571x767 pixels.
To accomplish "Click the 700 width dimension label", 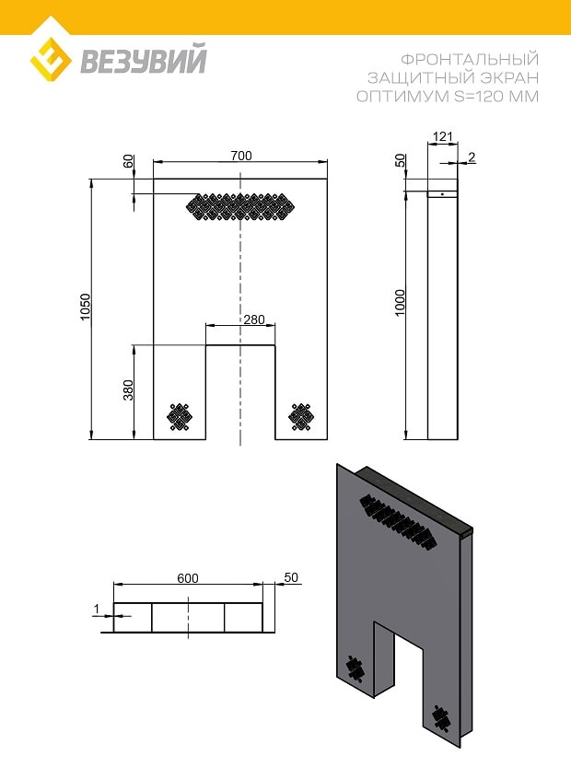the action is click(241, 156).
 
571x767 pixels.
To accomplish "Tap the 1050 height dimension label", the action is click(86, 308).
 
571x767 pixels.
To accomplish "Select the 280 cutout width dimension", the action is click(254, 320).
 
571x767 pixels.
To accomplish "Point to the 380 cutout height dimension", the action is click(128, 389).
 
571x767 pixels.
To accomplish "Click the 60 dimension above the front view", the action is click(128, 161).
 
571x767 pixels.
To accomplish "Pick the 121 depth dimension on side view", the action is click(443, 136).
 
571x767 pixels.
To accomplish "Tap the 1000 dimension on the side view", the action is click(401, 303).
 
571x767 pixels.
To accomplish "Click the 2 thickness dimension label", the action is click(472, 157).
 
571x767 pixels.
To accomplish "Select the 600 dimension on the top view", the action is click(188, 578).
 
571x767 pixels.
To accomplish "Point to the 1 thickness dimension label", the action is click(97, 609).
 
